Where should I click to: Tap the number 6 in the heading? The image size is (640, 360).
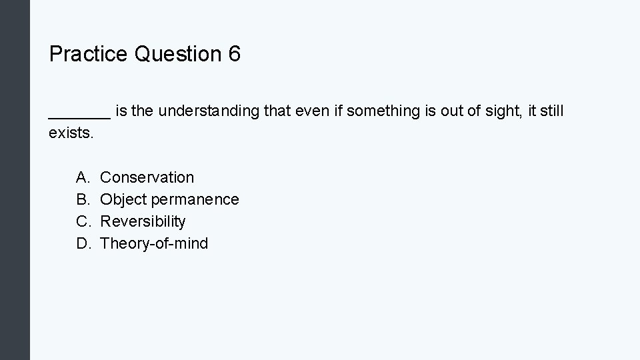coord(234,55)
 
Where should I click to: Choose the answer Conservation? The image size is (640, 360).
coord(147,177)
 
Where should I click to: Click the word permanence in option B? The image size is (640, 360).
coord(195,199)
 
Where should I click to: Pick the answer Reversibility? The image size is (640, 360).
coord(143,221)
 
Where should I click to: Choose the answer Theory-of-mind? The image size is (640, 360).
coord(154,243)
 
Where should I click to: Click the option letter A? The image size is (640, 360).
coord(82,177)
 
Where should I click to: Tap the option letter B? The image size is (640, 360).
coord(82,199)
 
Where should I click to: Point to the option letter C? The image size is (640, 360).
coord(82,221)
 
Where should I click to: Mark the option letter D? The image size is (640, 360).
coord(82,243)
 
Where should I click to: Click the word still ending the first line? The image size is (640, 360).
coord(552,111)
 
